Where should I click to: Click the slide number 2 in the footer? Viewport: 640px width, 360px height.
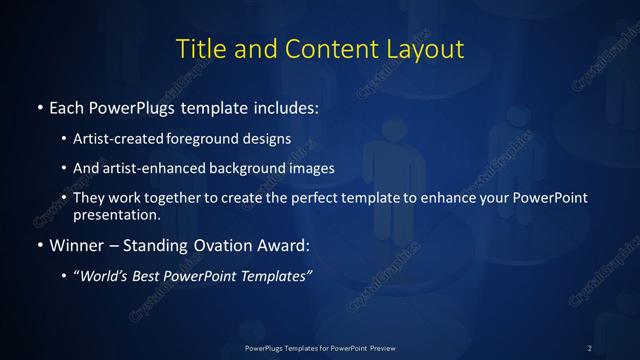point(590,347)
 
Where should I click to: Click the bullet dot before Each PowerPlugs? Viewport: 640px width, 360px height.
point(38,107)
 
